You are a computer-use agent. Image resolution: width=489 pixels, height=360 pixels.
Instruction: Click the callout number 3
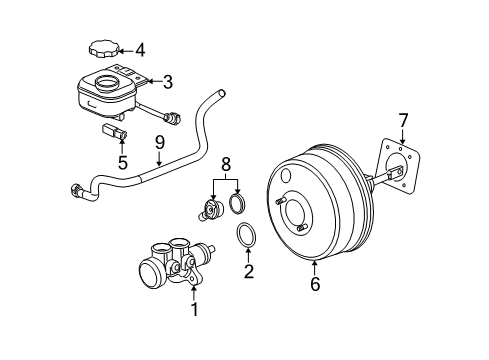(169, 82)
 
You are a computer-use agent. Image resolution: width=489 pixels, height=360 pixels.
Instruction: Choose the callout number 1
(195, 309)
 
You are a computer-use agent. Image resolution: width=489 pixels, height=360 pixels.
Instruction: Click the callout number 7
(403, 121)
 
